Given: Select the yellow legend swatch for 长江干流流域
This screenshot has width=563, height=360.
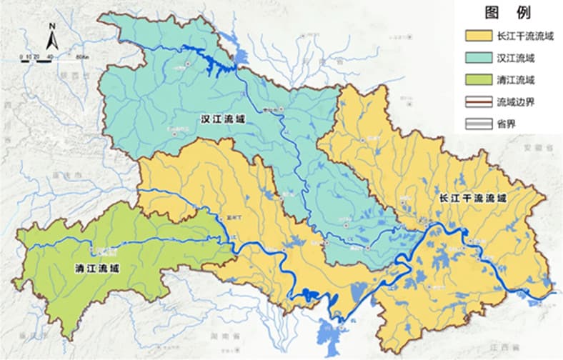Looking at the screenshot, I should coord(479,35).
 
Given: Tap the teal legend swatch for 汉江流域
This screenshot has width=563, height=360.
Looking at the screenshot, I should coord(479,57).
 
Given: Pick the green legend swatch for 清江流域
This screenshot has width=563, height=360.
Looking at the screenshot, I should coord(479,79).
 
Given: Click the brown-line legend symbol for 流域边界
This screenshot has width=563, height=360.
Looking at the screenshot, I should coord(479,101).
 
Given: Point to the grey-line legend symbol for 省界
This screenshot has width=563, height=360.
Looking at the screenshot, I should coord(479,124).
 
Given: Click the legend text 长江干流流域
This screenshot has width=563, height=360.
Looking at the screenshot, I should coord(525,35).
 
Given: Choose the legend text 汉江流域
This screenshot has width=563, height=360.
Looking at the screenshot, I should coord(515,57).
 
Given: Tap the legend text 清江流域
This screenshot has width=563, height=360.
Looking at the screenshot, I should coord(515,79).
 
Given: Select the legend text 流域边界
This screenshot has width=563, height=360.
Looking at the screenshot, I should coord(515,101).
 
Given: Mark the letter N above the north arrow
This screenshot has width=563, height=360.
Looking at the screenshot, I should coord(52,26).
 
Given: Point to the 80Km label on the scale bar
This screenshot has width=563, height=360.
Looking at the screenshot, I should coord(79,55).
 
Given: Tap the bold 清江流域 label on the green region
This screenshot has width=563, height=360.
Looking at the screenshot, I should coord(97,268).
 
